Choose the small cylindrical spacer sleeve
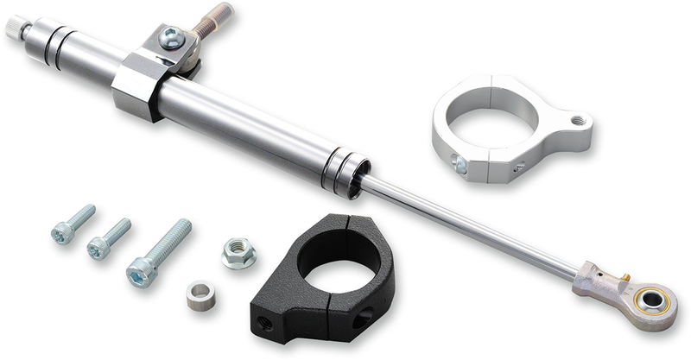200,295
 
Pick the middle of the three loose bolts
108,239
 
